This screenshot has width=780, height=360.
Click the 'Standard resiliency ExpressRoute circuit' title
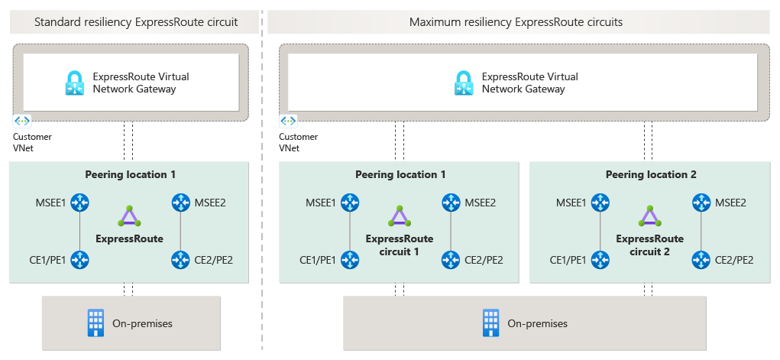[136, 22]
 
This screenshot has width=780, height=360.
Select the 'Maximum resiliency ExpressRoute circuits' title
[516, 22]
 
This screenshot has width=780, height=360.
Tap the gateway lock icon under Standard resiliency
[75, 83]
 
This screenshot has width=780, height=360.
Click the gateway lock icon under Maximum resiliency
[464, 83]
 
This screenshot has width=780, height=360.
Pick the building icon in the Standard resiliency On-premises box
[96, 323]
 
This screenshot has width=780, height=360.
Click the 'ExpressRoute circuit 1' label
[400, 245]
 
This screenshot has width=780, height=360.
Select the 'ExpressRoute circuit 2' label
[650, 245]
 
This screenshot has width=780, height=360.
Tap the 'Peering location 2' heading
[651, 174]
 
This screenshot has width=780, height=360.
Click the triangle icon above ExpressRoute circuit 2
[650, 216]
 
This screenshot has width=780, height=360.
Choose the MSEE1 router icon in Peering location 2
[600, 203]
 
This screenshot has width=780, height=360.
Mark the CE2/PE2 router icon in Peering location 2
[700, 260]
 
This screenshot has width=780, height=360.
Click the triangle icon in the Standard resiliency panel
[129, 216]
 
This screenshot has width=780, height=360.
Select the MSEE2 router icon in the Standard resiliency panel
[180, 203]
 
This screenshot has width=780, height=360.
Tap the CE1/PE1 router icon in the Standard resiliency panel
[79, 260]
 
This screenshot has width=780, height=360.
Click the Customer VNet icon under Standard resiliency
[21, 122]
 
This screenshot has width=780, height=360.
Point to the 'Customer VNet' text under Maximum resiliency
[299, 142]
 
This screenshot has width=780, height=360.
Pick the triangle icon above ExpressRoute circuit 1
[400, 216]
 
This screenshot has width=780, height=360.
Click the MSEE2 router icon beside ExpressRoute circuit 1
[450, 203]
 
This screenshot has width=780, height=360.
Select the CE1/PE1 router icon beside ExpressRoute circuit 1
[350, 260]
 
